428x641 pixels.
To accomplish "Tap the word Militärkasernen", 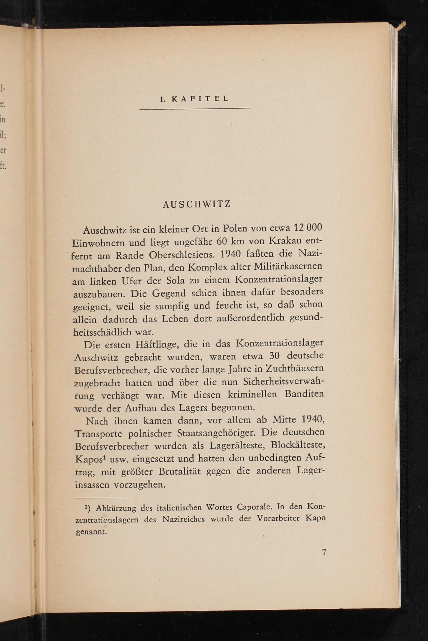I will coord(288,266).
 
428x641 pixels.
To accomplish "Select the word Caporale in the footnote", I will coord(255,507).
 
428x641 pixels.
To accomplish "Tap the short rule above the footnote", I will coord(103,498).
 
